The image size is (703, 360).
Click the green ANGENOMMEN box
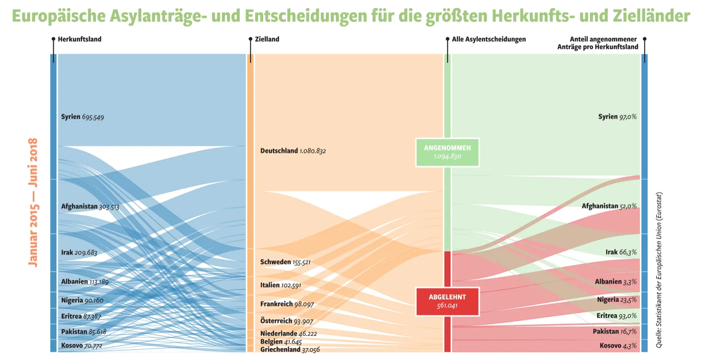tap(447, 152)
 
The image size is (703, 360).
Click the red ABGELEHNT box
tap(447, 301)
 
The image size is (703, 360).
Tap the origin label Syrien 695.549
tap(82, 117)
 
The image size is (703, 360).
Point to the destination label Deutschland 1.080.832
tap(293, 151)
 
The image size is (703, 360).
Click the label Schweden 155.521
tap(285, 262)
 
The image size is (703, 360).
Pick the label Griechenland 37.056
tap(290, 349)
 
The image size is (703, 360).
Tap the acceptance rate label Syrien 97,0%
tap(617, 117)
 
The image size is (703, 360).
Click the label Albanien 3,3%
tap(616, 282)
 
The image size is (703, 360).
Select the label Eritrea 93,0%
tap(617, 316)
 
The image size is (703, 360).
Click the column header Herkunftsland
tap(79, 39)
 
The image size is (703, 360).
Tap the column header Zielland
tap(267, 39)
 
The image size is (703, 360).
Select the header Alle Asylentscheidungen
tap(489, 39)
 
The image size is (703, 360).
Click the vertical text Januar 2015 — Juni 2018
tap(34, 202)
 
